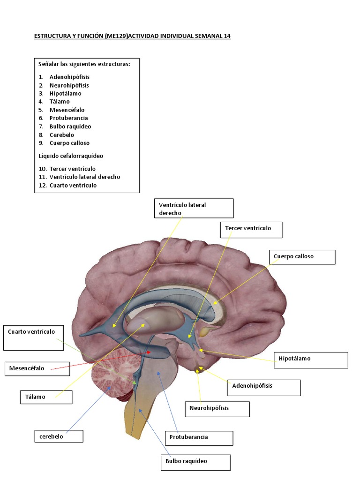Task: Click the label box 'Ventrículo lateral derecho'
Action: [194, 209]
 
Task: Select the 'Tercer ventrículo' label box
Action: [251, 230]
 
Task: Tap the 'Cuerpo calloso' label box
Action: [302, 257]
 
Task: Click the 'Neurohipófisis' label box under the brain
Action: [217, 409]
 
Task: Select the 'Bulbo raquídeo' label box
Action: [195, 462]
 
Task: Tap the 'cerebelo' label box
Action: [59, 436]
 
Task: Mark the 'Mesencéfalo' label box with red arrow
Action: [37, 368]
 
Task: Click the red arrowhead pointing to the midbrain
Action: [150, 351]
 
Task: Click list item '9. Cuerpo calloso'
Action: [69, 143]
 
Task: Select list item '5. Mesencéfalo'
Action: [67, 110]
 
